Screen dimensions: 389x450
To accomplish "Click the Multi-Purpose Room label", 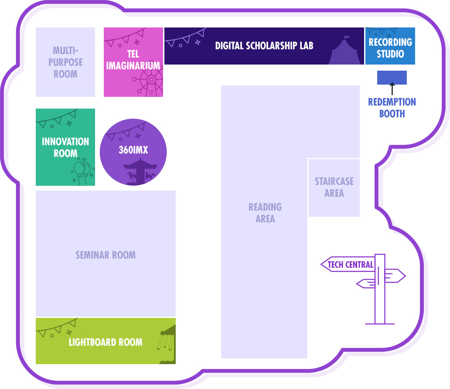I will click(65, 62).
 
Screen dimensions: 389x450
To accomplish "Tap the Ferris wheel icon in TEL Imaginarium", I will click(150, 82).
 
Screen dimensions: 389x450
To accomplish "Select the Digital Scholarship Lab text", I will click(264, 46).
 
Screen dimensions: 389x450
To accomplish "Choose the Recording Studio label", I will click(390, 48).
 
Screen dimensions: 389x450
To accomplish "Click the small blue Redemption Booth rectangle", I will click(392, 78).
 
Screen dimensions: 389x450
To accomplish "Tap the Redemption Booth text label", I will click(392, 108).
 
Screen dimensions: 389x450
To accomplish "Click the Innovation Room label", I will click(65, 147).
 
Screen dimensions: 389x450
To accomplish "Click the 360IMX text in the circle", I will click(133, 150).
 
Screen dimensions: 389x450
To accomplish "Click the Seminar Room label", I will click(106, 255).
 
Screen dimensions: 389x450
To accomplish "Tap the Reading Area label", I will click(265, 213).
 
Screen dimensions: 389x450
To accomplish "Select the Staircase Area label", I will click(334, 187).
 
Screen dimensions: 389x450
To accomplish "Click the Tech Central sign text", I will click(350, 265).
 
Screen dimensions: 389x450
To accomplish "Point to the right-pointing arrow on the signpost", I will click(395, 276).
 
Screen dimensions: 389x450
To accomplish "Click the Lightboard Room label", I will click(106, 342).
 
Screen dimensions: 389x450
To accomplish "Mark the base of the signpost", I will click(380, 323).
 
